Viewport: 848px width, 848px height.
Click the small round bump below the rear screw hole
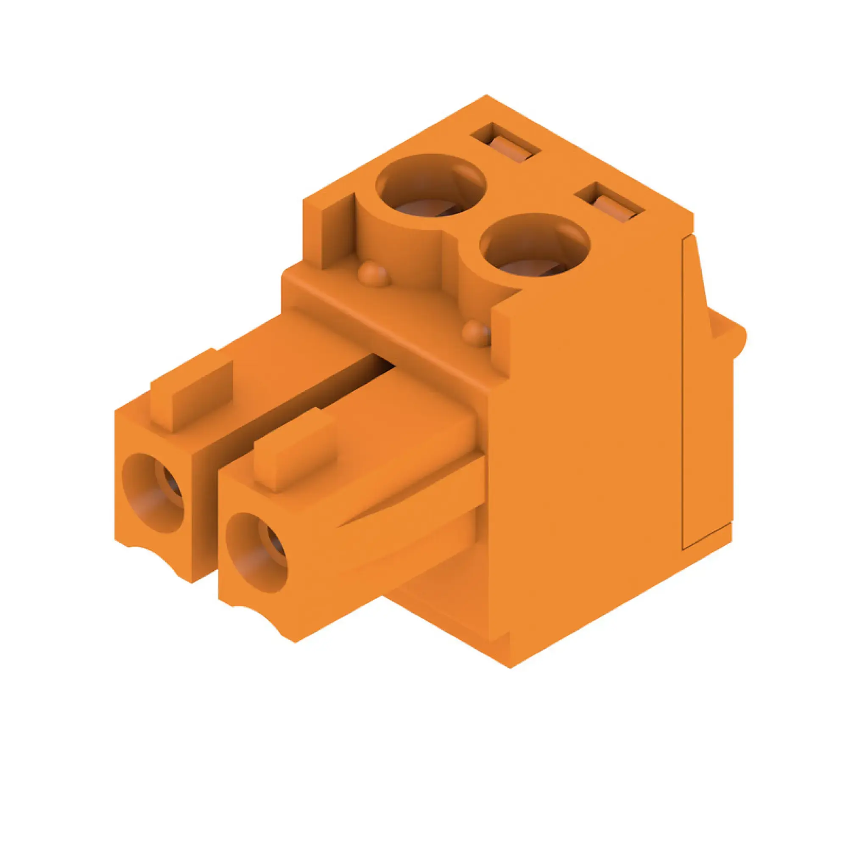coord(374,275)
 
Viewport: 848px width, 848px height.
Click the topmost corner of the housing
coord(486,95)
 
